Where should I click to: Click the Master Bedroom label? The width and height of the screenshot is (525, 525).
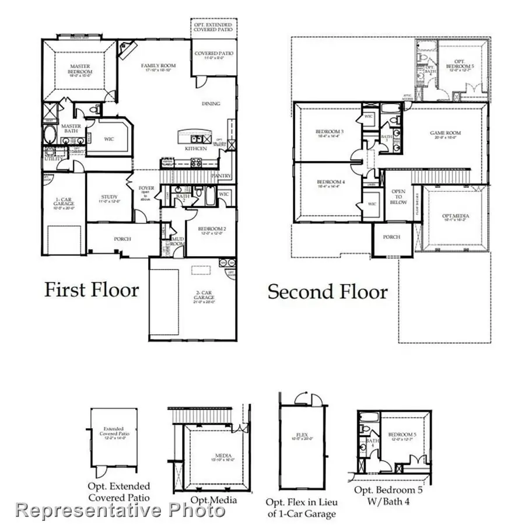point(79,69)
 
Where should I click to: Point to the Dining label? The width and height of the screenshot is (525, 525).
point(211,104)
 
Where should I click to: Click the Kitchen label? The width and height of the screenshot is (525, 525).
point(196,149)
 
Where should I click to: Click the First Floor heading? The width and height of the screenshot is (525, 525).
point(92,290)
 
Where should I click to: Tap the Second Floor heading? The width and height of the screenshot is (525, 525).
point(327,292)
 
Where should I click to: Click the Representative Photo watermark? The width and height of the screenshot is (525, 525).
point(120,511)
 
